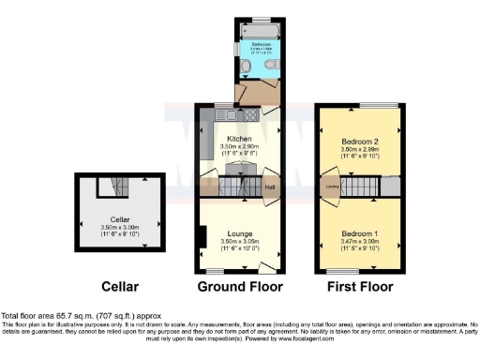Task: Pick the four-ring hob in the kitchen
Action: (x=209, y=115)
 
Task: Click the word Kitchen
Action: (x=237, y=138)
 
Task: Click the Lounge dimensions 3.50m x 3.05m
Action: (x=237, y=241)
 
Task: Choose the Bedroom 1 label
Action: (x=359, y=232)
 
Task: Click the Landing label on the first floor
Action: (x=332, y=187)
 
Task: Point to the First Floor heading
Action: (x=361, y=286)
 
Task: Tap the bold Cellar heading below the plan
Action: (x=120, y=286)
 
